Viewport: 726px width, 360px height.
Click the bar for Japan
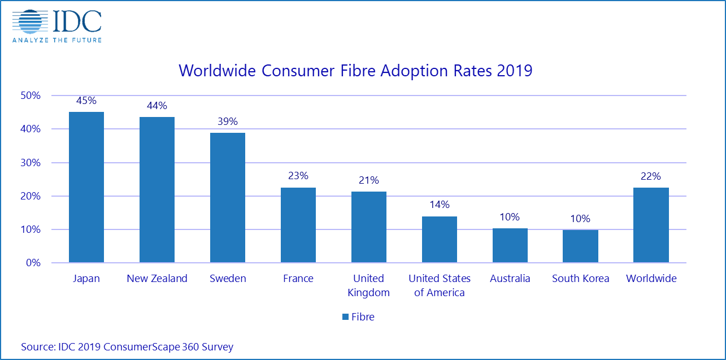tap(86, 187)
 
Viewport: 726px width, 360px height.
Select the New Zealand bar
tap(157, 190)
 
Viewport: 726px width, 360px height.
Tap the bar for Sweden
tap(228, 198)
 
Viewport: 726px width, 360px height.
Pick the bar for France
tap(298, 225)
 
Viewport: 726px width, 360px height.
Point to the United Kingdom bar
tap(369, 227)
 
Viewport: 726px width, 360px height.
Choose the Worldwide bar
tap(651, 225)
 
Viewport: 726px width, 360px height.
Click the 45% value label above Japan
tap(86, 101)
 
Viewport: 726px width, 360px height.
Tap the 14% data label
tap(439, 205)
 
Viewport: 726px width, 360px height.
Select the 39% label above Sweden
tap(228, 122)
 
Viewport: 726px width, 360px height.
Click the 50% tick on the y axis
tap(31, 96)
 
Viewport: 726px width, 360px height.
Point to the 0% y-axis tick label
tap(33, 263)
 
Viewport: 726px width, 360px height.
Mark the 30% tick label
tap(31, 163)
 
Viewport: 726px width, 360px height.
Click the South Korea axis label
tap(580, 279)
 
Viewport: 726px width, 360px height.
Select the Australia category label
tap(510, 279)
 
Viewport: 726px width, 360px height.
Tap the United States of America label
tap(439, 285)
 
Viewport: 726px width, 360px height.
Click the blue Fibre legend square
tap(345, 317)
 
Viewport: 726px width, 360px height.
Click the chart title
tap(355, 71)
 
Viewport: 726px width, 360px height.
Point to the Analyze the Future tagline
tap(56, 40)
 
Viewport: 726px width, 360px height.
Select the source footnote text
tap(127, 346)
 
